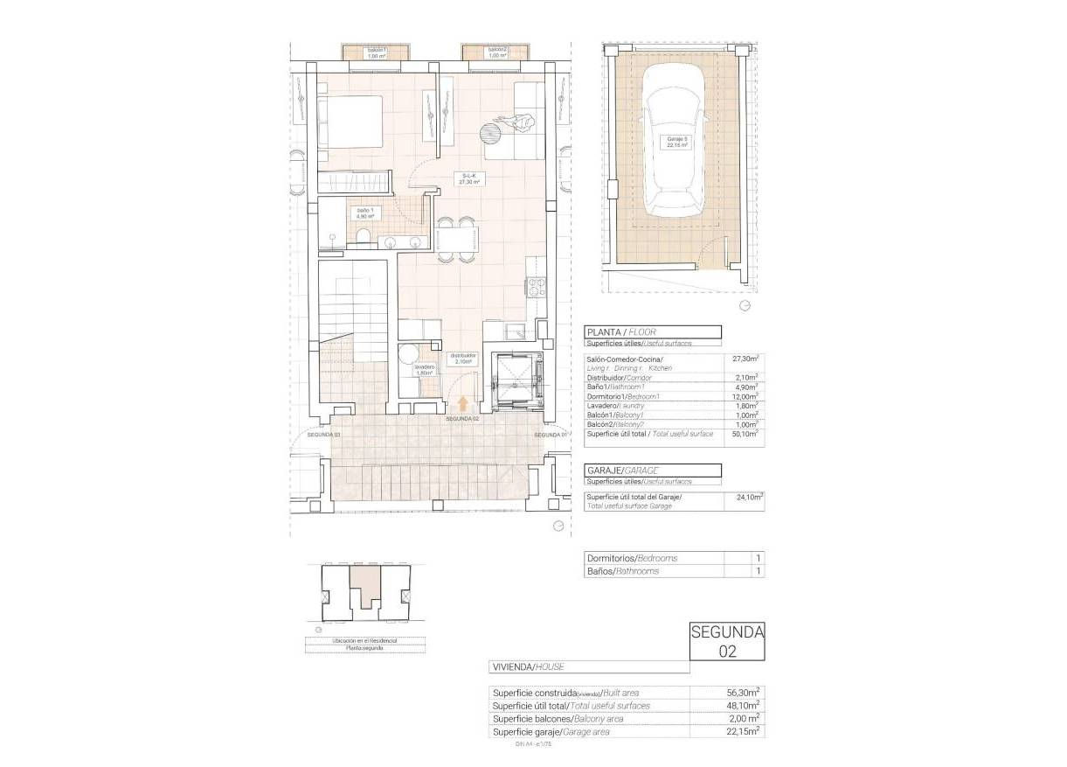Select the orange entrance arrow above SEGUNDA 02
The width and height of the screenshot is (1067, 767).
(462, 403)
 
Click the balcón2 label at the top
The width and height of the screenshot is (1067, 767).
(497, 53)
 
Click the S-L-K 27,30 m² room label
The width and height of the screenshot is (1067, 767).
(474, 179)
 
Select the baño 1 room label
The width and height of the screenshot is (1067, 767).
(364, 214)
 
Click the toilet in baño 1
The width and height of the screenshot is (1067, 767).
(364, 239)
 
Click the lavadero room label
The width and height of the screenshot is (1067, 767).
(424, 370)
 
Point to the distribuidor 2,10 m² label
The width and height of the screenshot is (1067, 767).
(463, 359)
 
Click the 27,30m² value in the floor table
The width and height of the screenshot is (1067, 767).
(744, 359)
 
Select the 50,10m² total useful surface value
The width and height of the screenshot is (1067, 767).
(744, 434)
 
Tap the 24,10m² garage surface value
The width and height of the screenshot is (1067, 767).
(744, 497)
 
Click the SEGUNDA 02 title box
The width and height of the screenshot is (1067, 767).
(726, 640)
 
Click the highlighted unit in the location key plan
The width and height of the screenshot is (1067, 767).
(365, 586)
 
